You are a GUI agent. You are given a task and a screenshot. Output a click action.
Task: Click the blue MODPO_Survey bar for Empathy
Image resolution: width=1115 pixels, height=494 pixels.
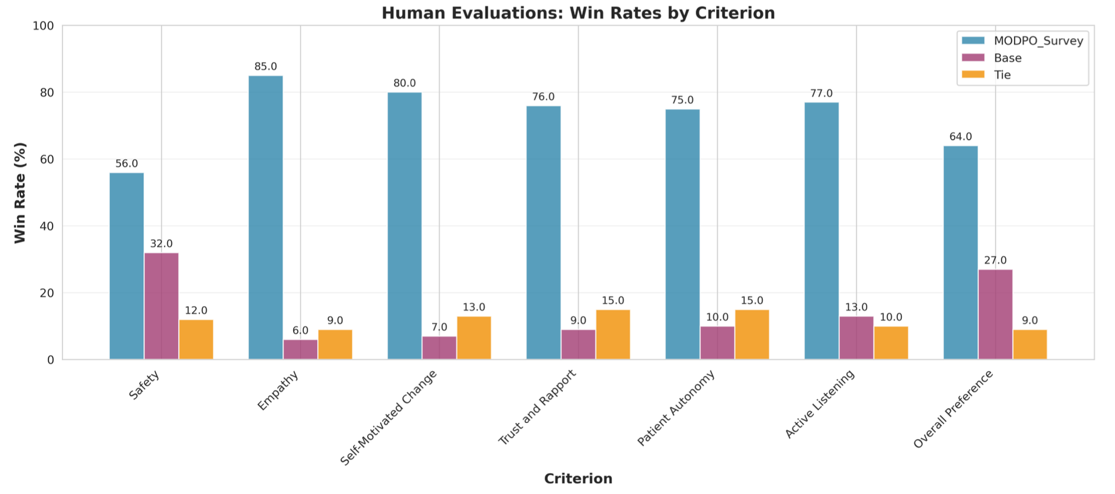coord(266,217)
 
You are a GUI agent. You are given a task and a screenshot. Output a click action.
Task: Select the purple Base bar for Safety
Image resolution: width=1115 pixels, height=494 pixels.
coord(161,305)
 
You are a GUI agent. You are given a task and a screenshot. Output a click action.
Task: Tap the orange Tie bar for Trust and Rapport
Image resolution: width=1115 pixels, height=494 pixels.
coord(613,334)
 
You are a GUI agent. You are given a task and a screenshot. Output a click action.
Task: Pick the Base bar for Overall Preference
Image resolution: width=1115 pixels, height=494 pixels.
coord(995,314)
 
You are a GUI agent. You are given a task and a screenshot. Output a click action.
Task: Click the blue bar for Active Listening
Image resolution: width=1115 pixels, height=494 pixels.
coord(821,230)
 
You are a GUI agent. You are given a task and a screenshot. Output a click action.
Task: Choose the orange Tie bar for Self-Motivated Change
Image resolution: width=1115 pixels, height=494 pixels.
coord(474,338)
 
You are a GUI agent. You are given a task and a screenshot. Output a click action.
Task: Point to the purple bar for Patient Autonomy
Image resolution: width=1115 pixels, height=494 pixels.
coord(717,342)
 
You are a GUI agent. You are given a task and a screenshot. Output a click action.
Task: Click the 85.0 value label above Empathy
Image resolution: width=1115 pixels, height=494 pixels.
coord(266,67)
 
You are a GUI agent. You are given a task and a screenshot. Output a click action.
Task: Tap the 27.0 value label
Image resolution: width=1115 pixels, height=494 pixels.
coord(995,261)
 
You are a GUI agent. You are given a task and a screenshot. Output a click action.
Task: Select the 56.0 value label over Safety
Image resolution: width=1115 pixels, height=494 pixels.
coord(127,163)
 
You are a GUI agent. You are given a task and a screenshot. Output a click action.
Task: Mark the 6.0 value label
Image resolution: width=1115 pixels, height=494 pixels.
coord(300,331)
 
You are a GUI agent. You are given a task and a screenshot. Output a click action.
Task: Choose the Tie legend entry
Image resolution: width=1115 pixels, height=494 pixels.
coord(1002,75)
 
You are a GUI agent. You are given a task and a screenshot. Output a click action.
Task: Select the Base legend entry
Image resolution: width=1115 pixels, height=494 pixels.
coord(1008,58)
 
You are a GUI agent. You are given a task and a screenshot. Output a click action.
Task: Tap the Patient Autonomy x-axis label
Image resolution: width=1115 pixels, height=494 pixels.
coord(676,408)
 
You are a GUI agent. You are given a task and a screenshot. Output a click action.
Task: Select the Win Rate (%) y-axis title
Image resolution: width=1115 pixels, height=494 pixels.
coord(20,192)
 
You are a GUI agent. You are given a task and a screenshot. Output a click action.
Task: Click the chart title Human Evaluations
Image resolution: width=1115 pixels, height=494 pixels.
coord(578,13)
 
